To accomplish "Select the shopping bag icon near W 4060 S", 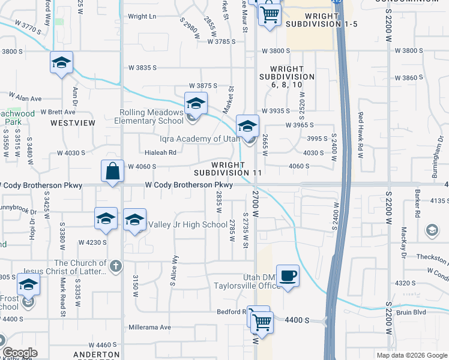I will pos(112,172).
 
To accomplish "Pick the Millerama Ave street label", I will pos(150,328).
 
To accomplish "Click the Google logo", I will pos(20,353).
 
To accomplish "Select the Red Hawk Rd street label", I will pos(361,135).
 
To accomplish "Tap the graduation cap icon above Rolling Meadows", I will pos(195,104).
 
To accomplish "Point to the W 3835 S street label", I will pos(142,68).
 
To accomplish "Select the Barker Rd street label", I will pos(415,203).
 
